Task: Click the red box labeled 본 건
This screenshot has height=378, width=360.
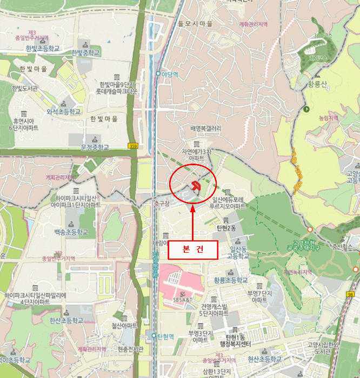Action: (x=193, y=249)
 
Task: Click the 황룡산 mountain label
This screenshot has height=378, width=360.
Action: (x=318, y=84)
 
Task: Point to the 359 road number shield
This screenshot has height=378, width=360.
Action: (x=133, y=146)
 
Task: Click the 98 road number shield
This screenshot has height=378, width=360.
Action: (x=351, y=294)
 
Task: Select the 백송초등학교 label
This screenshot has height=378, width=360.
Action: (x=71, y=232)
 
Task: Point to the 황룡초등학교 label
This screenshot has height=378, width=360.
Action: (x=231, y=280)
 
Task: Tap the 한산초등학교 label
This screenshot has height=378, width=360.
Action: (x=66, y=320)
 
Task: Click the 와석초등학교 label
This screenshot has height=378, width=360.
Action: (x=63, y=111)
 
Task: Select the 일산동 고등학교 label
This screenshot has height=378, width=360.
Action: (x=238, y=252)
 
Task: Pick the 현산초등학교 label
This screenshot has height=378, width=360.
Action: (x=264, y=359)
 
